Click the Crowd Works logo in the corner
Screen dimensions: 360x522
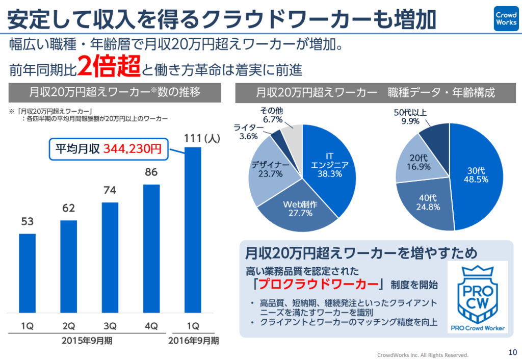[x=506, y=18]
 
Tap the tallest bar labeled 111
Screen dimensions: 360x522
[x=193, y=229]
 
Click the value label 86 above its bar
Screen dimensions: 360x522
[x=151, y=172]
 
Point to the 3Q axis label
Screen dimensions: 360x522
[x=110, y=325]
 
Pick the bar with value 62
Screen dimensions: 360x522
[x=69, y=265]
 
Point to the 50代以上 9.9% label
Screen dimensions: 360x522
[x=410, y=116]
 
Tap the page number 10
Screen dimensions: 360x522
[x=512, y=351]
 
